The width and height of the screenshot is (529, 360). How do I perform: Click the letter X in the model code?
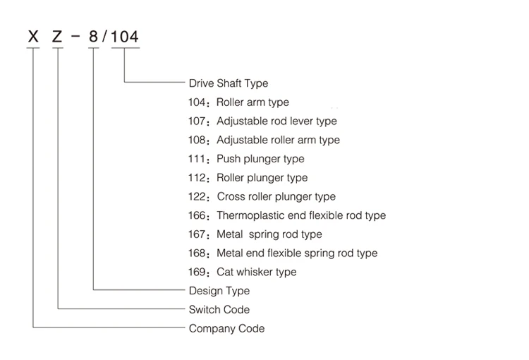coord(33,37)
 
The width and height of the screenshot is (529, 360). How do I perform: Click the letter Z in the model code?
coord(57,37)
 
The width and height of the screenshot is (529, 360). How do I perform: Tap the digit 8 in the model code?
coord(93,37)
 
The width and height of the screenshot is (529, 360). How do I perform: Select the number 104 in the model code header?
coord(125,37)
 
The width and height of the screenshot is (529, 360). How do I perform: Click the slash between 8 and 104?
coord(104,37)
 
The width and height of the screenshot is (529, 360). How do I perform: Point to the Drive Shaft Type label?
coord(229,83)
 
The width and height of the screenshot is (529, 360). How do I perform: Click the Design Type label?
coord(219,290)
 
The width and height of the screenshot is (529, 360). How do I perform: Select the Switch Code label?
coord(219,309)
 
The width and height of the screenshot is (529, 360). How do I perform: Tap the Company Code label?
coord(226,328)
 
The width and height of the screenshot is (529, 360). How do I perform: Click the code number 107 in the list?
coord(197,121)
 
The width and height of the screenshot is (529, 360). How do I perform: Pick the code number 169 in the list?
coord(197,272)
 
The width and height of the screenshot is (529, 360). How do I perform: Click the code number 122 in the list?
coord(197,196)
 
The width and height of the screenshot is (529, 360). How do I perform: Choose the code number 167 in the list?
coord(197,234)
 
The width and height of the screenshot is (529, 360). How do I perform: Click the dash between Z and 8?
coord(76,36)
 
